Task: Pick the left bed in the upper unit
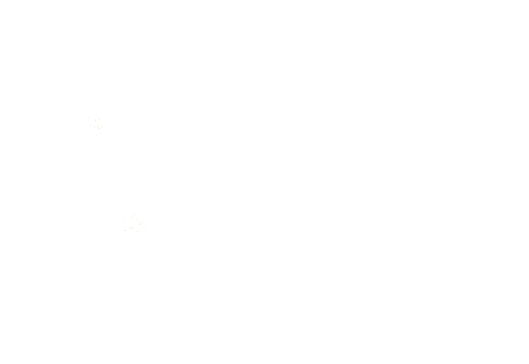pos(188,161)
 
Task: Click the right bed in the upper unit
pos(259,161)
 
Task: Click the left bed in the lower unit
pos(246,311)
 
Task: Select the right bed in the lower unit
pos(317,311)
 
